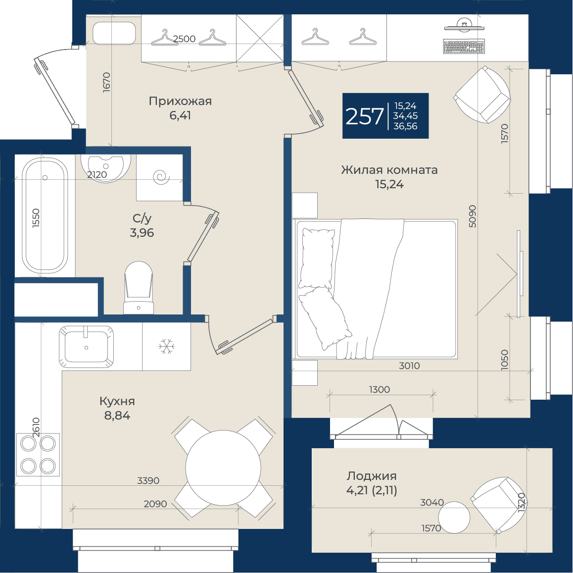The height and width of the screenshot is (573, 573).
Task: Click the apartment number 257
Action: (x=364, y=116)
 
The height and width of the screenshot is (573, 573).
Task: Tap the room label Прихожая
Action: (x=180, y=101)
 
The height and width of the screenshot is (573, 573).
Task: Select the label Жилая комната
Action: (x=389, y=170)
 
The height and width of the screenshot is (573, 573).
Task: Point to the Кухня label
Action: (x=117, y=402)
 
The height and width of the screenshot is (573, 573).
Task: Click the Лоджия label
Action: (x=372, y=476)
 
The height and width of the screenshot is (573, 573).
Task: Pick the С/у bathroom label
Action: (x=142, y=218)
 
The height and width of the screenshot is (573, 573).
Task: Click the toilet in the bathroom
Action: (x=139, y=287)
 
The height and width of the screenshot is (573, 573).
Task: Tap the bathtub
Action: (x=45, y=215)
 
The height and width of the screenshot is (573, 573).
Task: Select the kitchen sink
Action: (x=86, y=347)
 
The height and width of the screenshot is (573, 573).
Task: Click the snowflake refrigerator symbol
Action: (x=167, y=346)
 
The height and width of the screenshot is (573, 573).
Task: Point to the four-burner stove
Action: (x=38, y=455)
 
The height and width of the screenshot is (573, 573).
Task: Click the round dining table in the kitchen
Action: (x=223, y=468)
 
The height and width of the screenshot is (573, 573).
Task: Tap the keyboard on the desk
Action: (x=464, y=46)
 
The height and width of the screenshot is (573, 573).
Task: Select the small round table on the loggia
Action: (x=454, y=517)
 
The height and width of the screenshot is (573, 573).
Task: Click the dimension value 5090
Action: (x=472, y=216)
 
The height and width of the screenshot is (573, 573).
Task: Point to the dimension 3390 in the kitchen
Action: (x=148, y=480)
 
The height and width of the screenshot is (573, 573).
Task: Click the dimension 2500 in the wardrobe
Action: (x=184, y=39)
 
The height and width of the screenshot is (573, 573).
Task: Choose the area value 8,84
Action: (x=117, y=416)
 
